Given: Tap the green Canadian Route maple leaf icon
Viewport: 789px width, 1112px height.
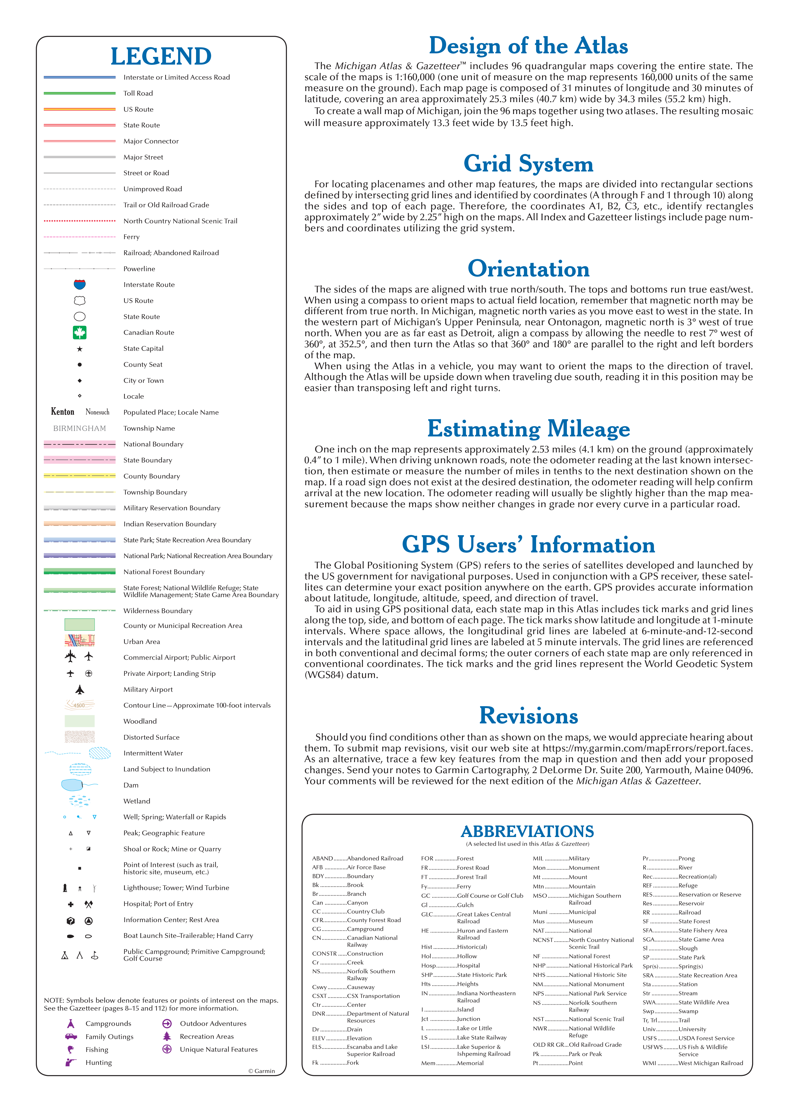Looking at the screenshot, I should point(80,332).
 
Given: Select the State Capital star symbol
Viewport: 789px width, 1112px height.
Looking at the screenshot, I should point(80,349).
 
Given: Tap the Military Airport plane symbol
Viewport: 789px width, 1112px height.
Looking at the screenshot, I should point(80,689).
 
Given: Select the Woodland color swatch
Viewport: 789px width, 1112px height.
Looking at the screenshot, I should point(80,721).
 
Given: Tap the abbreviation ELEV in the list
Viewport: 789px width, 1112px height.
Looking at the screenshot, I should point(319,1038).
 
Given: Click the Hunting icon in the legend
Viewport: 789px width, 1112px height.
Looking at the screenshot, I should point(71,1062).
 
